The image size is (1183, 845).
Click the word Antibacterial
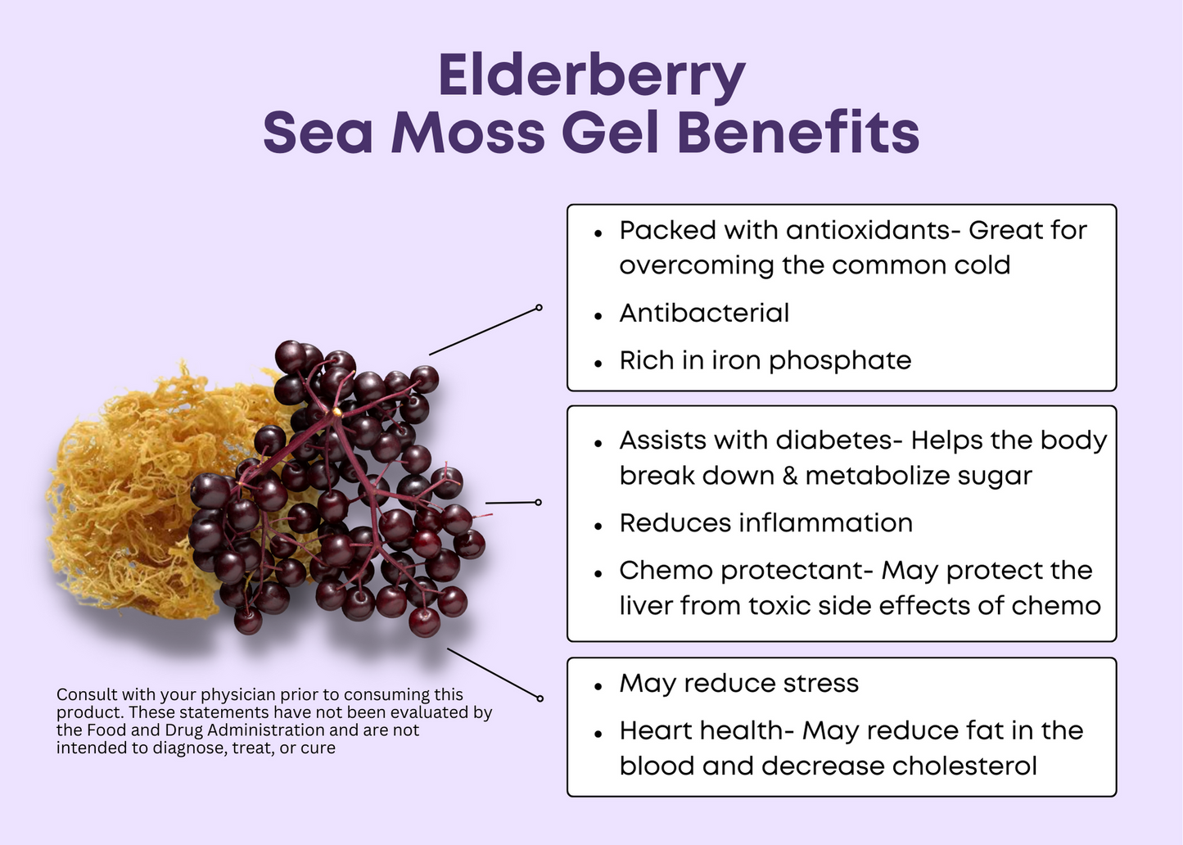704,313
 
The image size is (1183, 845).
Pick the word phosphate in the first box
840,362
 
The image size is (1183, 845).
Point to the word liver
645,605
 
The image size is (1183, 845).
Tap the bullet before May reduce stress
598,686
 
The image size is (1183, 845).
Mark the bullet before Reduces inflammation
598,526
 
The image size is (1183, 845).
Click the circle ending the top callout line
539,307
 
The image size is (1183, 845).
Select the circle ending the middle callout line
538,502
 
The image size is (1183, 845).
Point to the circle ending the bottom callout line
540,698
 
